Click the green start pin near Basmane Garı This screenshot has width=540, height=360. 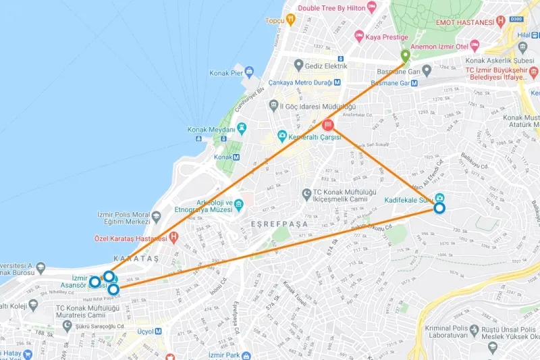[x=405, y=56]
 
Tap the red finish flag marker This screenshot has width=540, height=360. [x=328, y=125]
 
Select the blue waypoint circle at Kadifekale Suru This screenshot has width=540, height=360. [x=439, y=208]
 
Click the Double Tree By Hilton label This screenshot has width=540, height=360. [x=337, y=7]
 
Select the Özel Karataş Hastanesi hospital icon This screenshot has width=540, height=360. [x=173, y=237]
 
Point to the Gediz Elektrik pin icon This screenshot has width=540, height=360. [x=299, y=65]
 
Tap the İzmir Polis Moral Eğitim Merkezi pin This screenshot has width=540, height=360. [x=157, y=216]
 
